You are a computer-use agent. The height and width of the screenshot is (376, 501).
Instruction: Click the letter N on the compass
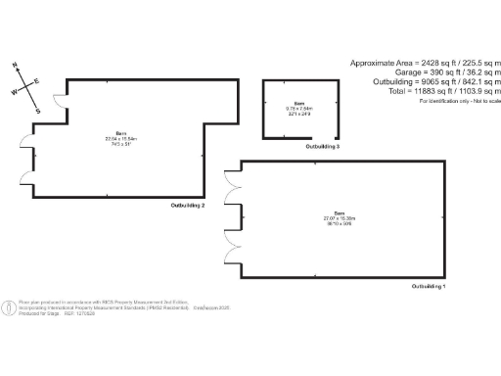(x=16, y=67)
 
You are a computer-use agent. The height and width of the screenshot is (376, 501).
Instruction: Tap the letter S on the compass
(x=38, y=111)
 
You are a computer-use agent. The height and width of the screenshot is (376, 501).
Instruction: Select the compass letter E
(x=37, y=81)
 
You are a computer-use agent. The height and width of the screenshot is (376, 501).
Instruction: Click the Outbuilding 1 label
(x=429, y=286)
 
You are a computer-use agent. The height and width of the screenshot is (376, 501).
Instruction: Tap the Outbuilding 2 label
(x=188, y=206)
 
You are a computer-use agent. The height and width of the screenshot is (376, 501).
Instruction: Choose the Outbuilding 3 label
(x=323, y=146)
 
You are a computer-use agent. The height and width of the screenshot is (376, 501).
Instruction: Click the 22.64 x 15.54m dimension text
(x=122, y=138)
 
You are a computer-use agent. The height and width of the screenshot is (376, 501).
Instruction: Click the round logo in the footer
(x=9, y=307)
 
